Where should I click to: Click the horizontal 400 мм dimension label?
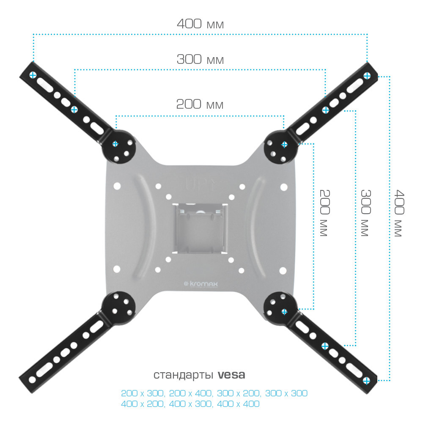tap(200, 24)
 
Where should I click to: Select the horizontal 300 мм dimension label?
tap(200, 59)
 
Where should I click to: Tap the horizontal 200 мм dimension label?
tap(200, 104)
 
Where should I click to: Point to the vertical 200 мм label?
tap(324, 213)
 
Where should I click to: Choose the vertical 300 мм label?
tap(366, 213)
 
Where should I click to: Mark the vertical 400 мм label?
tap(399, 213)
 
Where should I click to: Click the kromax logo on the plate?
tap(201, 284)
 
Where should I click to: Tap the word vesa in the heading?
tap(231, 375)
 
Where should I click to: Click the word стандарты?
tap(184, 375)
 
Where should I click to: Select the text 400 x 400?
tap(238, 404)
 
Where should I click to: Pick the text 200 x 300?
tap(143, 393)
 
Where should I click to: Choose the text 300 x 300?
tap(286, 393)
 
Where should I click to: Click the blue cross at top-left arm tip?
tap(33, 75)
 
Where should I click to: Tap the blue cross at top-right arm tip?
tap(367, 76)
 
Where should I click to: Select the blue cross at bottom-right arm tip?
tap(366, 381)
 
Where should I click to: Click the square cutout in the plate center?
tap(200, 228)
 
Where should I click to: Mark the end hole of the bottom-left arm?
tap(33, 380)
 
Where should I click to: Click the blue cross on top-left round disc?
tap(115, 144)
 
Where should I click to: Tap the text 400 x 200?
tap(143, 404)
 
